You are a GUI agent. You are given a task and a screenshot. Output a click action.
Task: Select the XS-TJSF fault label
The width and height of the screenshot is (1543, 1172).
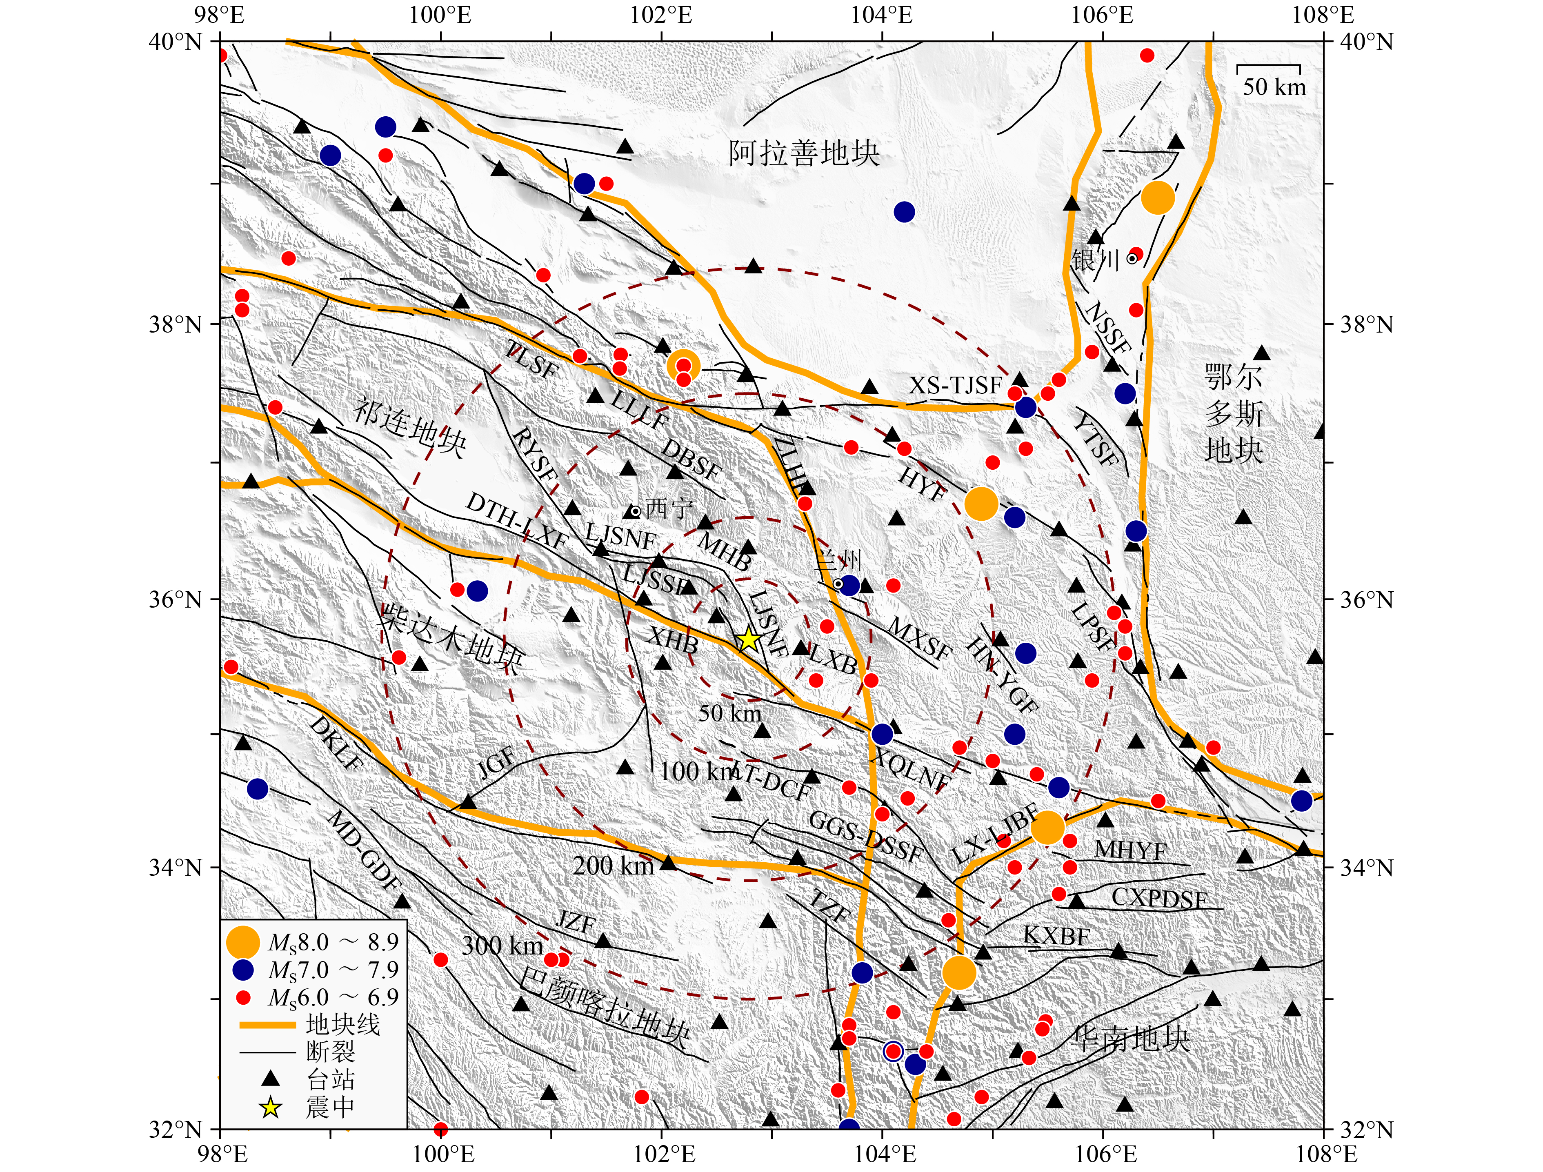click(955, 385)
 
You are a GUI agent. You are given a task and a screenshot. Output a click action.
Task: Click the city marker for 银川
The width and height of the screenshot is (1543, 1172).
click(1132, 259)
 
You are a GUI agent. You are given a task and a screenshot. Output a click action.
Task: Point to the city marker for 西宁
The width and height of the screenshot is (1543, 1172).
click(635, 511)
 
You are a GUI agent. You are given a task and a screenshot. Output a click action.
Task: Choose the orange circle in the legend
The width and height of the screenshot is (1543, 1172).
click(243, 942)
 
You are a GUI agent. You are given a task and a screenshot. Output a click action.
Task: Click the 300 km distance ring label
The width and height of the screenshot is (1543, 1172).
click(502, 946)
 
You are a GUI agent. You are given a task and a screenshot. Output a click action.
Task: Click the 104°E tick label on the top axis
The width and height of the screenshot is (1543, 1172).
click(882, 16)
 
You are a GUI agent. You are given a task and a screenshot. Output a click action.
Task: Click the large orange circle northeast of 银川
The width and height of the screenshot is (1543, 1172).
click(1158, 199)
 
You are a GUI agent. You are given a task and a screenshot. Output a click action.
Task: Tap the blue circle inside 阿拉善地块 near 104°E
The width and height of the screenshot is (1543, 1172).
click(904, 211)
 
